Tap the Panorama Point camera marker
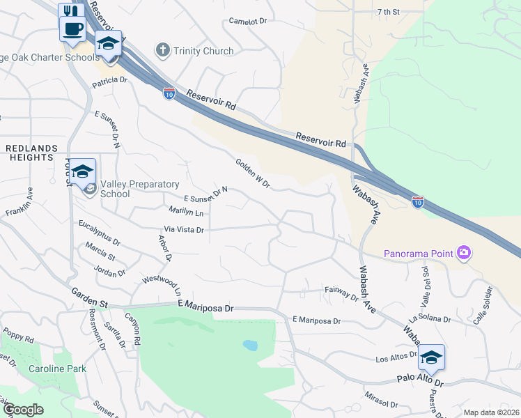point(464,253)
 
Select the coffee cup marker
point(72,29)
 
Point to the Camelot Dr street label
point(248,21)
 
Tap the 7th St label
point(388,12)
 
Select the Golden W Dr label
point(252,172)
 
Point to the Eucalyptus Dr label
point(99,233)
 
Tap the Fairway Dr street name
point(341,293)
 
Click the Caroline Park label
point(57,368)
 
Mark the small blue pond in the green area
point(249,345)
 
